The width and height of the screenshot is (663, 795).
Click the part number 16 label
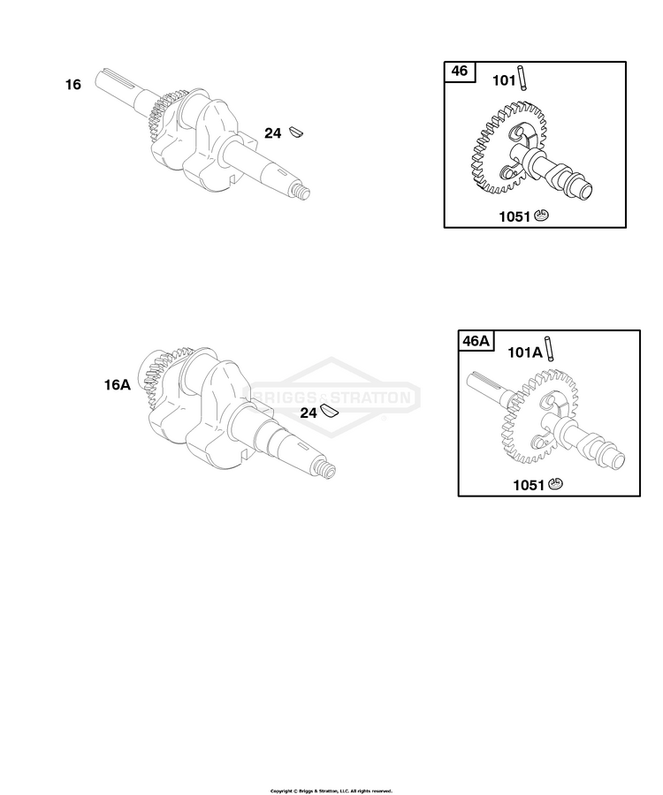pos(73,84)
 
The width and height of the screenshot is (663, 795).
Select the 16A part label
pos(118,385)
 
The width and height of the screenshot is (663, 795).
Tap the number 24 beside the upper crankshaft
pos(272,133)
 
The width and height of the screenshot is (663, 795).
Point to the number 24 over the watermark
pos(309,413)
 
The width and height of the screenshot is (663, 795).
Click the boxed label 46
pos(460,71)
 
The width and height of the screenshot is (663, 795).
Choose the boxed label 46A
pos(476,341)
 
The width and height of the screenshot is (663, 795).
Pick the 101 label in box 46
pos(504,80)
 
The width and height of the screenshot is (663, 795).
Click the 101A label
pos(525,352)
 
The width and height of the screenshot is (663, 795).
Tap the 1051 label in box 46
pos(514,216)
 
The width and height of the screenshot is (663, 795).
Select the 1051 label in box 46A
pos(529,485)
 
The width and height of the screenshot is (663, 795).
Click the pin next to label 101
pos(522,79)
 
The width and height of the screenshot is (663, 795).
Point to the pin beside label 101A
pos(549,349)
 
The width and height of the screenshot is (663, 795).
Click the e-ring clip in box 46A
pos(555,484)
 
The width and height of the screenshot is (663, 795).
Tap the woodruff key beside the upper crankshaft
pos(296,132)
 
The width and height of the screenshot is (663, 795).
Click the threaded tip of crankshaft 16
pos(301,193)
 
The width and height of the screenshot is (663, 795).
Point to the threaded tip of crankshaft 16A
pos(325,470)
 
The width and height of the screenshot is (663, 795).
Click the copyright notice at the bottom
pos(331,791)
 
